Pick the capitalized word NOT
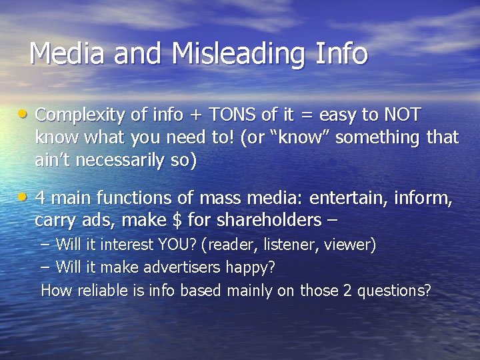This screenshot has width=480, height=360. pos(402,115)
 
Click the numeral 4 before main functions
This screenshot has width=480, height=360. pos(40,198)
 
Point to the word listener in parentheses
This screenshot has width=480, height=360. pos(289,245)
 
